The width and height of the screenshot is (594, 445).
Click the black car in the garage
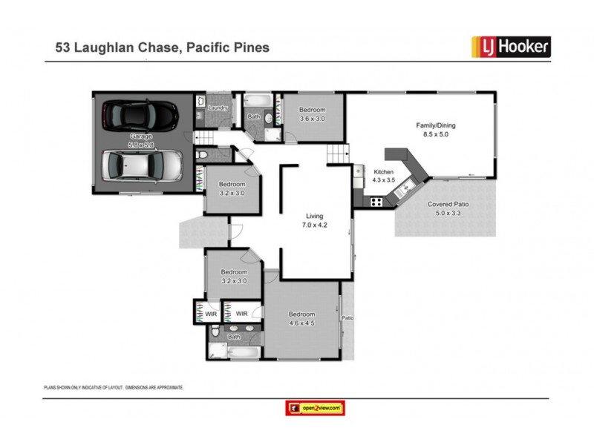(140, 115)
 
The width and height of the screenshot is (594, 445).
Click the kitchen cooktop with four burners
(376, 201)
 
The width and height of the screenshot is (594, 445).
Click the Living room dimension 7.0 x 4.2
(315, 225)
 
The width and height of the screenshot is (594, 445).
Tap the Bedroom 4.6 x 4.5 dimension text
(301, 323)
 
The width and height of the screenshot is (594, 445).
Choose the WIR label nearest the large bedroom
(241, 314)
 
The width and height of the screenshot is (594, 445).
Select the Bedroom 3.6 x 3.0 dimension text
(311, 119)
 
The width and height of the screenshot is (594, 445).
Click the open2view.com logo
(315, 408)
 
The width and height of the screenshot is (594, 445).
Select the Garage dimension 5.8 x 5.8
(141, 145)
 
